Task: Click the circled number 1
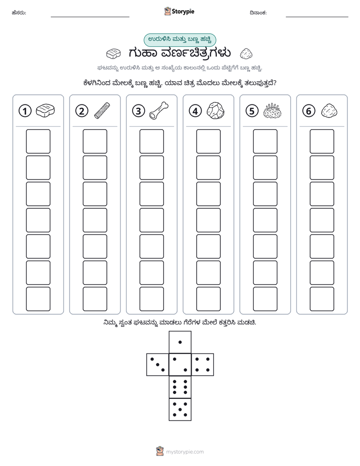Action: click(x=25, y=111)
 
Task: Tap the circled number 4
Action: click(x=195, y=111)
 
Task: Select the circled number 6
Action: click(x=309, y=111)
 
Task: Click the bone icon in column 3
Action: click(x=159, y=111)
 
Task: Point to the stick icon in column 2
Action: click(x=102, y=111)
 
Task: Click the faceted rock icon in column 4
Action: click(x=215, y=111)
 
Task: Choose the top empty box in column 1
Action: click(x=38, y=141)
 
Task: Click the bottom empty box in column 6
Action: click(x=322, y=299)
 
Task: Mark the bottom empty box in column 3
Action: click(x=151, y=299)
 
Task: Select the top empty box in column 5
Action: click(x=265, y=141)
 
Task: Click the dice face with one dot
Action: click(x=180, y=342)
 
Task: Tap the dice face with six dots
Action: click(x=180, y=387)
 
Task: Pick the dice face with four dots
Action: click(x=203, y=365)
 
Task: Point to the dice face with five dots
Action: click(x=180, y=410)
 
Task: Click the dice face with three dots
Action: click(x=158, y=365)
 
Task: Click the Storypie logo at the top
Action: click(x=179, y=12)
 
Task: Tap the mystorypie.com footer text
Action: click(x=185, y=452)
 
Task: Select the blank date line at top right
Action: click(x=317, y=17)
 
